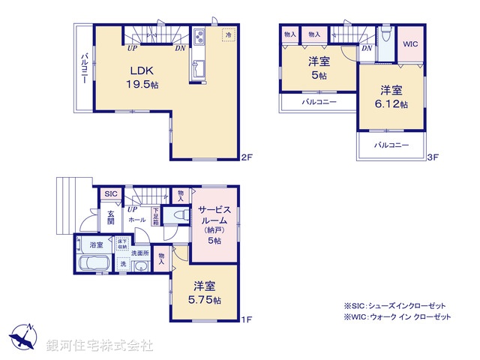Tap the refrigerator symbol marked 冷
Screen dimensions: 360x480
click(x=227, y=35)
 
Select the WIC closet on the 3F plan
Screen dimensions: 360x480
click(x=409, y=43)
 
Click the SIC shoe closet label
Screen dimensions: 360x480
click(x=111, y=194)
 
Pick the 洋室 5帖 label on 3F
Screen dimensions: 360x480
click(x=318, y=67)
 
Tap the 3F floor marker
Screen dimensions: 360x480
click(x=432, y=158)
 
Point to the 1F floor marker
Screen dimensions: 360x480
click(x=247, y=320)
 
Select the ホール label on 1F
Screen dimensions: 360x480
click(x=136, y=220)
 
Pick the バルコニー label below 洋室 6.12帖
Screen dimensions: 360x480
click(x=391, y=144)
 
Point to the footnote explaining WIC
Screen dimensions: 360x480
click(x=397, y=318)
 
